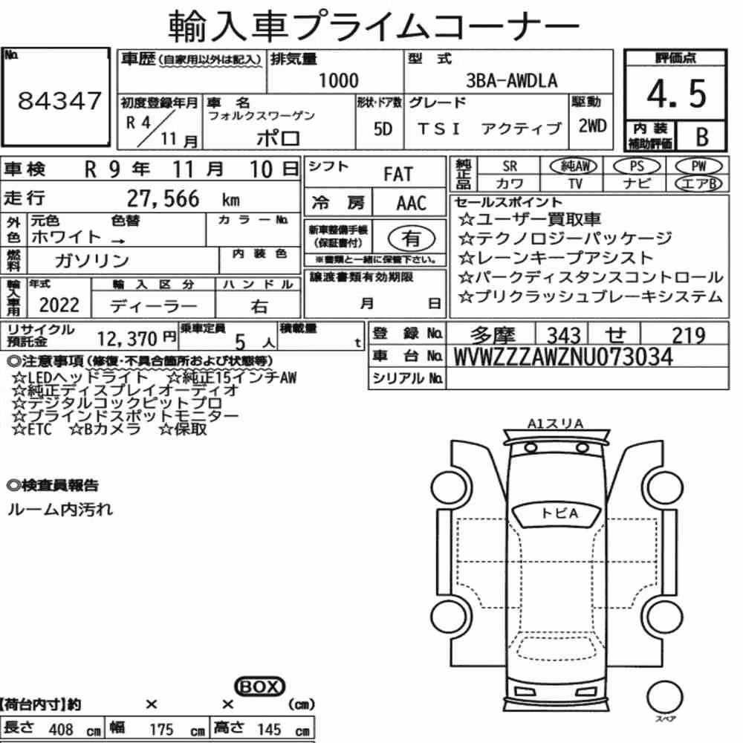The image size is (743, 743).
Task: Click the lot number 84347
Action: tap(59, 100)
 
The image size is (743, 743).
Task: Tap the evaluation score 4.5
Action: tap(676, 94)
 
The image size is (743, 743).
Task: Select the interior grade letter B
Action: tap(702, 137)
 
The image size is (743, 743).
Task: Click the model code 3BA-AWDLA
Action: tap(512, 80)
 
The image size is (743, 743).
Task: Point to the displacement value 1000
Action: tap(338, 80)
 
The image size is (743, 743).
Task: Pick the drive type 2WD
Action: tap(592, 126)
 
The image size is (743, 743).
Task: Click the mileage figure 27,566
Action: tap(163, 198)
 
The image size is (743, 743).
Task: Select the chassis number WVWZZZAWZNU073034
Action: tap(563, 357)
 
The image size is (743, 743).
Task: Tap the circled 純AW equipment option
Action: tap(573, 166)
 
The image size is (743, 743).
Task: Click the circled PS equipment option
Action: tap(637, 166)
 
